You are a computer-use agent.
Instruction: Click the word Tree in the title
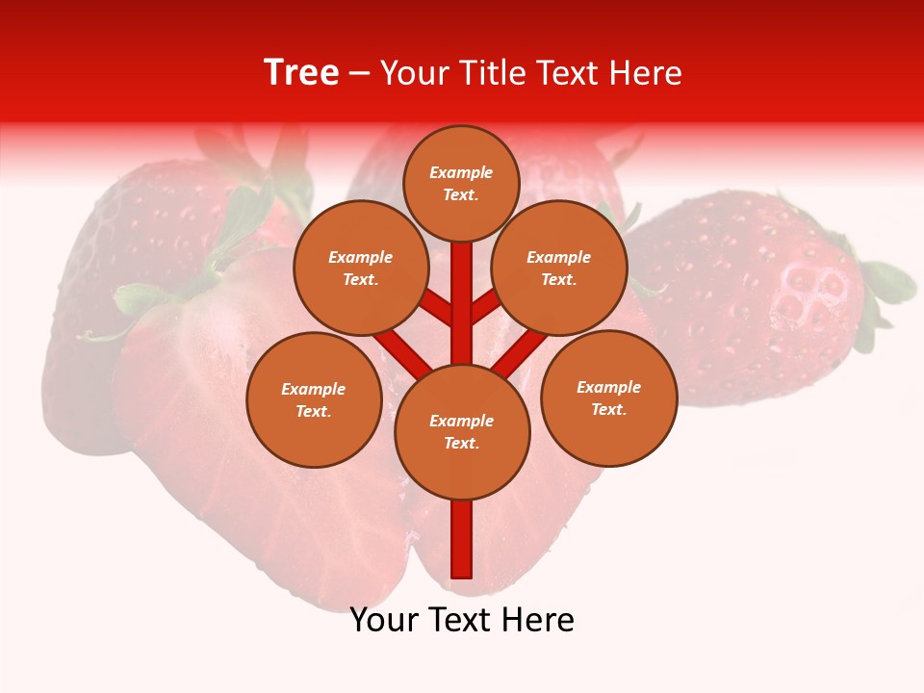pyautogui.click(x=301, y=73)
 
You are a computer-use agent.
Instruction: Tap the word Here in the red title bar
pyautogui.click(x=645, y=73)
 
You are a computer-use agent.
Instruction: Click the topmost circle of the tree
pyautogui.click(x=461, y=183)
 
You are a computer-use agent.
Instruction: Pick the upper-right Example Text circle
pyautogui.click(x=559, y=268)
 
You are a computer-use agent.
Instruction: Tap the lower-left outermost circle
pyautogui.click(x=314, y=399)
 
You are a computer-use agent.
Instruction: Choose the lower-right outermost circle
pyautogui.click(x=608, y=398)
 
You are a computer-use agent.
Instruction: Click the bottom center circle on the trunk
pyautogui.click(x=462, y=431)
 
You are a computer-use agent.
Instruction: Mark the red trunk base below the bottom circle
pyautogui.click(x=462, y=539)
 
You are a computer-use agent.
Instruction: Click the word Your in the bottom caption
pyautogui.click(x=384, y=620)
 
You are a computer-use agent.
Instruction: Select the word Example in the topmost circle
pyautogui.click(x=461, y=172)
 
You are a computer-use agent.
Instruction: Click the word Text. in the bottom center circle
pyautogui.click(x=461, y=443)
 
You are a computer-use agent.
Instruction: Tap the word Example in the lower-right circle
pyautogui.click(x=608, y=387)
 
